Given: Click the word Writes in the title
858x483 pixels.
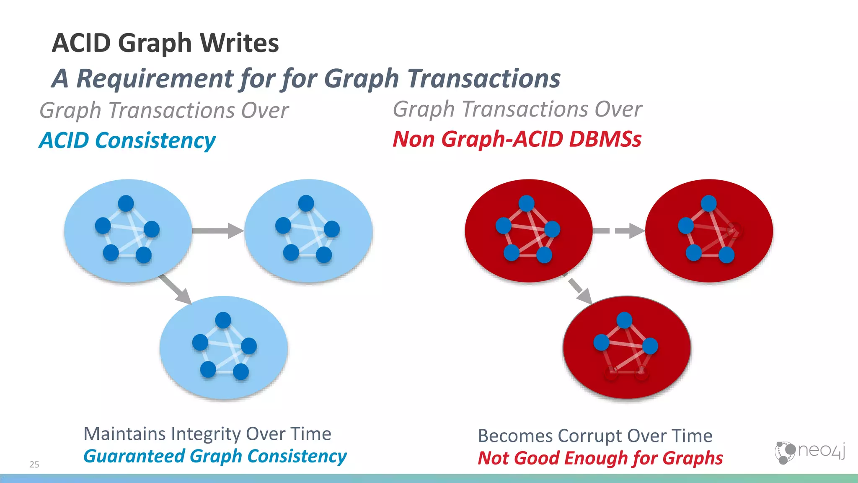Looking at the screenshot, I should (239, 43).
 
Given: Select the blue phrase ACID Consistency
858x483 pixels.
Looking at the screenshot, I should (127, 140).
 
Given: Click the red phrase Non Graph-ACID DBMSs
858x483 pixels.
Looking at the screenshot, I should (517, 139).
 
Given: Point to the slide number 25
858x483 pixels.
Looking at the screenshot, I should (34, 464).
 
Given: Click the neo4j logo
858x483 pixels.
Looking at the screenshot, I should (809, 452).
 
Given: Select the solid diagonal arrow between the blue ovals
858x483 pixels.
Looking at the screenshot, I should (175, 289).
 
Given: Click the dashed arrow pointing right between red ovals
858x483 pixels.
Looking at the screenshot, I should (619, 231).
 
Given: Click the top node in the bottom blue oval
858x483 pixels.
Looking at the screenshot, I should (223, 320).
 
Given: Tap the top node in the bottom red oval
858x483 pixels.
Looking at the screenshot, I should (624, 320).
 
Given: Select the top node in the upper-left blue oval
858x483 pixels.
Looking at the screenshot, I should (126, 204).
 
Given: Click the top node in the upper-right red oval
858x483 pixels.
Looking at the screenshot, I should (708, 203).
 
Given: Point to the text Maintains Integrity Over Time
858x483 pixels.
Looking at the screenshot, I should (207, 434).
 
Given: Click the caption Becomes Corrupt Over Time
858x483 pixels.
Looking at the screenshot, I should (595, 436).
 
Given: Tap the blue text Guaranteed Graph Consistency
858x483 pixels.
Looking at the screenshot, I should (215, 456).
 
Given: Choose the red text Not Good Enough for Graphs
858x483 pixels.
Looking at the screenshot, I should (600, 458).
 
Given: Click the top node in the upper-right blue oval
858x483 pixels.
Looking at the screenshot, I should (306, 203).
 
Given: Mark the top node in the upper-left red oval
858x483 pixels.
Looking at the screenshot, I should (526, 204).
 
